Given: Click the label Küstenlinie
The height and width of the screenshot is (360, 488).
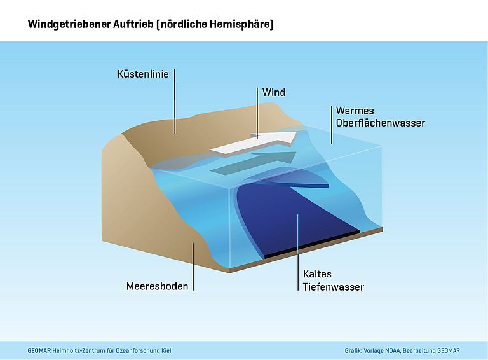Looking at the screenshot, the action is coord(143,74).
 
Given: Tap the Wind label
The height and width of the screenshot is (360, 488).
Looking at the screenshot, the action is coord(274,92).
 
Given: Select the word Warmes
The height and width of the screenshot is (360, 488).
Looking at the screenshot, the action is coord(355,111).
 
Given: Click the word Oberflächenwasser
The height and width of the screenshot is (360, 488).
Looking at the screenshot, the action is coord(381,123).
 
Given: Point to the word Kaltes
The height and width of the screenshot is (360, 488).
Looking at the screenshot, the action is coord(317,273).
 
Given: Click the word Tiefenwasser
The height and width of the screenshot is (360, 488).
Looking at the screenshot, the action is coord(334,286).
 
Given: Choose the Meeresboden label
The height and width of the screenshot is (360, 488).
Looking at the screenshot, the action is coord(157,286).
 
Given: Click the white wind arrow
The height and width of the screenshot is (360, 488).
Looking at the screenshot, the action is coord(254,143).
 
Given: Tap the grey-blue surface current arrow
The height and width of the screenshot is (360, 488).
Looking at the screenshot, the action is coord(254,162).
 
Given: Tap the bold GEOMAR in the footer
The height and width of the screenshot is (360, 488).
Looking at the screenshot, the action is coord(39,350).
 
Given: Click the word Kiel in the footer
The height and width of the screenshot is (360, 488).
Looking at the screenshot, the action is coord(166,350).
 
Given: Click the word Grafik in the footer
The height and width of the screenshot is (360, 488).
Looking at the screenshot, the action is coord(353,350).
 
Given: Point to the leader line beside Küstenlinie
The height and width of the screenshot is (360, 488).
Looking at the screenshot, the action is coord(175,101).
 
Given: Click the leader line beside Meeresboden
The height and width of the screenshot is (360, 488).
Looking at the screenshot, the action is coord(193,267).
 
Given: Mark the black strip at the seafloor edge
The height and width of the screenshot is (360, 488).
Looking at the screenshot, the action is coord(312,244).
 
